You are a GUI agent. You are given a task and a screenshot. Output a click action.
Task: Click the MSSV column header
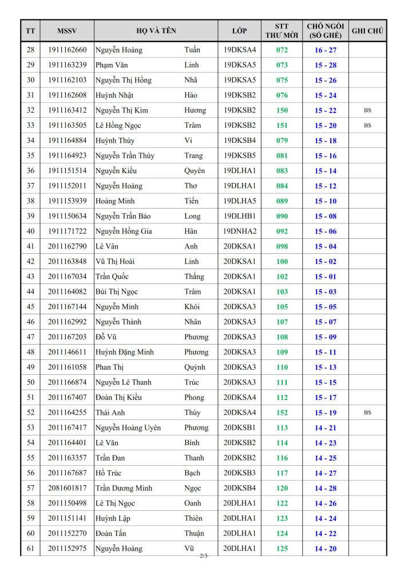pyautogui.click(x=67, y=30)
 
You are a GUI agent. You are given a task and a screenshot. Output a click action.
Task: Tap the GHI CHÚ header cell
pyautogui.click(x=367, y=30)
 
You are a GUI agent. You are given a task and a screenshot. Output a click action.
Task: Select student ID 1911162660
pyautogui.click(x=68, y=50)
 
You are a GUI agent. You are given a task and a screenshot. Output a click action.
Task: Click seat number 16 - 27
pyautogui.click(x=325, y=50)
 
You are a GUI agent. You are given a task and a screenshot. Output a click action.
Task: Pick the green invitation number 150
pyautogui.click(x=282, y=110)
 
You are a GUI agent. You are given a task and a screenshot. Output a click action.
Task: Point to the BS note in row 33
pyautogui.click(x=367, y=125)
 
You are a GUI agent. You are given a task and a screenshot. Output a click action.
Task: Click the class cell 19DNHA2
pyautogui.click(x=240, y=231)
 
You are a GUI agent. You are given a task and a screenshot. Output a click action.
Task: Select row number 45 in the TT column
pyautogui.click(x=30, y=307)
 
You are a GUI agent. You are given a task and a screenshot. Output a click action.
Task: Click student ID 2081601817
pyautogui.click(x=68, y=488)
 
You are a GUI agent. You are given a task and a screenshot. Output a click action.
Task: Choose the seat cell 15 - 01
pyautogui.click(x=325, y=277)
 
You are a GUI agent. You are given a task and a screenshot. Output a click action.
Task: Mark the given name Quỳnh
pyautogui.click(x=195, y=367)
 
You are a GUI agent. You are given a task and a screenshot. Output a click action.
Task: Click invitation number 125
pyautogui.click(x=282, y=549)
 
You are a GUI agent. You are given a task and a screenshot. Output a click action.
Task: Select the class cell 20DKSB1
pyautogui.click(x=239, y=427)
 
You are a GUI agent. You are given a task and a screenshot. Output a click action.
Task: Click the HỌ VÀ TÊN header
pyautogui.click(x=156, y=30)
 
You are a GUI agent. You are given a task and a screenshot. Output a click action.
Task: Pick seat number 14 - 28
pyautogui.click(x=325, y=488)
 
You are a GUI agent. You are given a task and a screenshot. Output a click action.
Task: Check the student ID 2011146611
pyautogui.click(x=68, y=352)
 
